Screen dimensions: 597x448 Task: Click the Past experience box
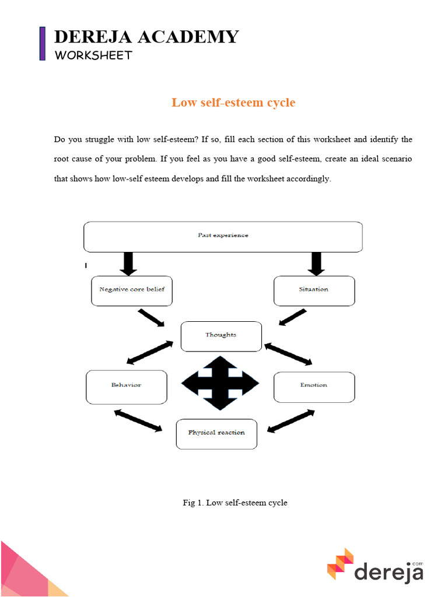(223, 237)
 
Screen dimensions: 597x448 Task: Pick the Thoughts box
(221, 336)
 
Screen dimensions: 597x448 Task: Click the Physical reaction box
(216, 434)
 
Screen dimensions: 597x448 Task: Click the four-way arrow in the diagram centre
(220, 383)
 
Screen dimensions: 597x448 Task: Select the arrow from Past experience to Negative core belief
(129, 264)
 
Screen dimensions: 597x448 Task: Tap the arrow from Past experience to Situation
(316, 264)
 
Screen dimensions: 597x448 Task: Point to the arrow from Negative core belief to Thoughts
(152, 318)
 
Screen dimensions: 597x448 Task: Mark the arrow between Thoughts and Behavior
(150, 353)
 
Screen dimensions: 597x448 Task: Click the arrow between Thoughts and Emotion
(288, 354)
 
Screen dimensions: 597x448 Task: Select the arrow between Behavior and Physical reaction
(138, 420)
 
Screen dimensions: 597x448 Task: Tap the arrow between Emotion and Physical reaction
(291, 420)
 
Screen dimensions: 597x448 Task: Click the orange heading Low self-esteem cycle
(233, 103)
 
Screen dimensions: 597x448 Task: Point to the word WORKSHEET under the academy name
(93, 55)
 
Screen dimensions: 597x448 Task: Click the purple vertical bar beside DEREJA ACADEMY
(43, 43)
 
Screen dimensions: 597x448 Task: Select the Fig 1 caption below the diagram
(235, 502)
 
